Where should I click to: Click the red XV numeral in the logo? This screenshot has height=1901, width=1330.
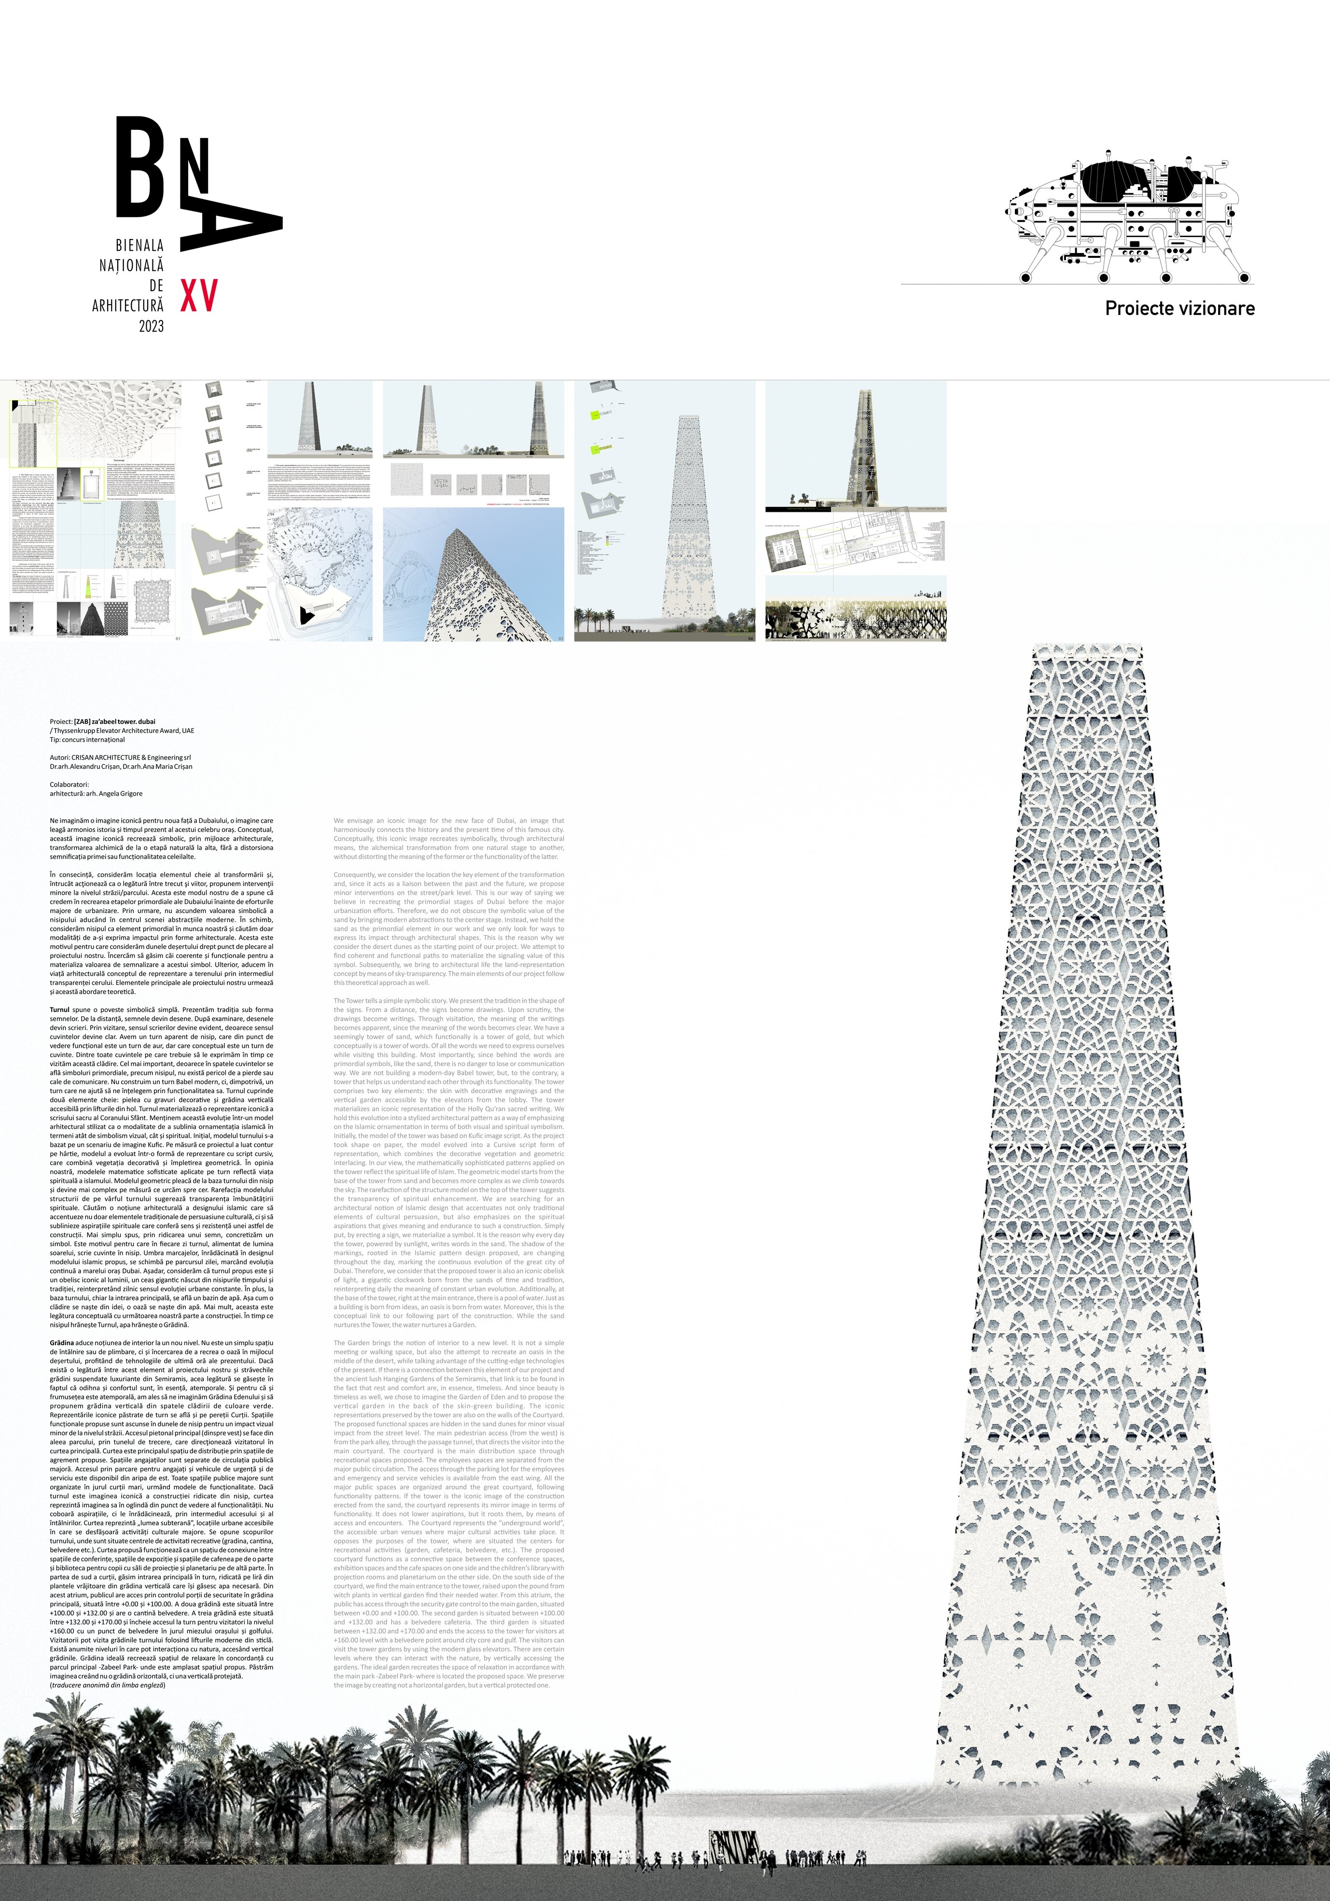[199, 296]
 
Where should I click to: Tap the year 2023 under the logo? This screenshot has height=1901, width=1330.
[152, 326]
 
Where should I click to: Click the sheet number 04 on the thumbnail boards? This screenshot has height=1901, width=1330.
[751, 638]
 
